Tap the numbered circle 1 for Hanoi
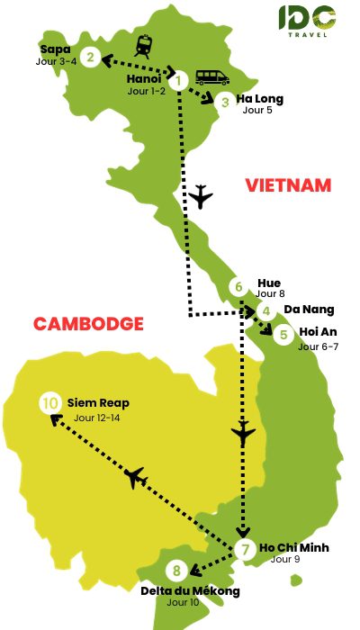coord(179,81)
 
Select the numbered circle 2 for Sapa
coord(90,58)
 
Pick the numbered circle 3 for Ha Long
coord(226,103)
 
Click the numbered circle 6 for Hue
coord(238,288)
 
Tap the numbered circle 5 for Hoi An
coord(283,336)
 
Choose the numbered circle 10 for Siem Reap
coord(49,404)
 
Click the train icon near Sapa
coord(144,45)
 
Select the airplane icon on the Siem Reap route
coord(137,477)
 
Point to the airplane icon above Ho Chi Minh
coord(243,436)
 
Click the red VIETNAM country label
coord(288,186)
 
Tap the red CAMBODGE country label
coord(88,324)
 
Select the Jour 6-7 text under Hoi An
coord(318,346)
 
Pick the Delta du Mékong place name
coord(191,590)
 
